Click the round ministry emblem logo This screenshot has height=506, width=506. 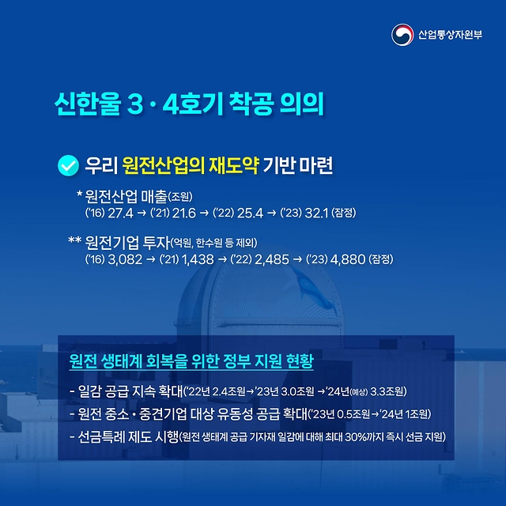click(402, 35)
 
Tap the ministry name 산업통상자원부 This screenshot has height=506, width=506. click(450, 35)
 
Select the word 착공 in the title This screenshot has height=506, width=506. click(251, 104)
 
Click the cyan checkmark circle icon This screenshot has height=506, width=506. click(69, 165)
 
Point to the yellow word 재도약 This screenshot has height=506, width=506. click(234, 165)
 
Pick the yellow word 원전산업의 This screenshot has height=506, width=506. click(164, 165)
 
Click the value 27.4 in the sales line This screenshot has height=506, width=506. click(120, 213)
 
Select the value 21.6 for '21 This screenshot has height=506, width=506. click(184, 213)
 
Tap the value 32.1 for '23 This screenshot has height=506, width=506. click(316, 213)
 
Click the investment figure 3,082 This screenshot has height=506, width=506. click(125, 259)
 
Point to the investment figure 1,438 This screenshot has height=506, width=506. click(198, 259)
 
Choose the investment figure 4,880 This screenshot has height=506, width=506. click(348, 259)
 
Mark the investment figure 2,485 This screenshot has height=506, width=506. click(272, 259)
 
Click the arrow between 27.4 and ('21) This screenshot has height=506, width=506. click(142, 213)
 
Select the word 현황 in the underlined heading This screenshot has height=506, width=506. click(300, 361)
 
